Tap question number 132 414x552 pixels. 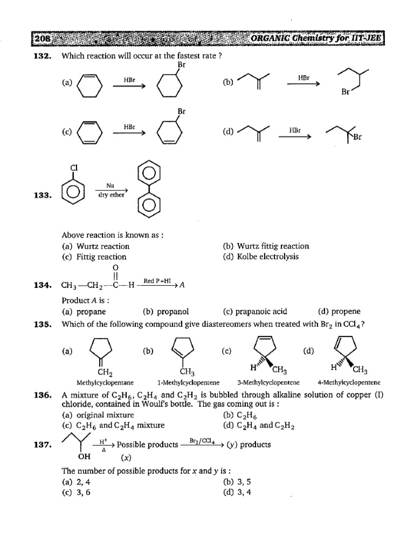tap(43, 56)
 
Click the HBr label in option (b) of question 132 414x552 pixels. tap(304, 78)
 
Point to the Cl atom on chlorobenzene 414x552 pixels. tap(74, 168)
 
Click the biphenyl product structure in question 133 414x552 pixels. tap(149, 189)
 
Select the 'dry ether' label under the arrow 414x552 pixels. tap(111, 195)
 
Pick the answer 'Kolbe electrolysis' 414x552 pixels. tap(268, 257)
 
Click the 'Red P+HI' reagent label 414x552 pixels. tap(157, 281)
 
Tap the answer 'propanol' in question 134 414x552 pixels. tap(172, 312)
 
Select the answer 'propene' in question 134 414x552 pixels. tap(346, 312)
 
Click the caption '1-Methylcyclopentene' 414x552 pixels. tap(188, 382)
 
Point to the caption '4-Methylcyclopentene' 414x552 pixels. tap(349, 382)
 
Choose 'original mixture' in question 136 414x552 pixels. tap(105, 415)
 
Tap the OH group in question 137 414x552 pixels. tap(84, 457)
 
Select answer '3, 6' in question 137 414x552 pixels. tap(83, 493)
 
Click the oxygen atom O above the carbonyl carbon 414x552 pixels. tap(116, 268)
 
